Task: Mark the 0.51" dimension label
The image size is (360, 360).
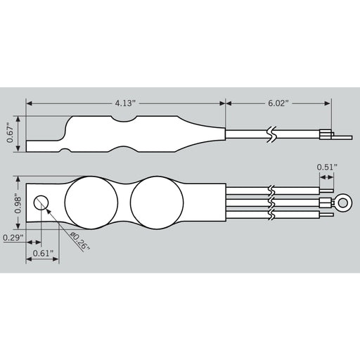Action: pyautogui.click(x=327, y=167)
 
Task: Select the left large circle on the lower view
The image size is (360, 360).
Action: pyautogui.click(x=91, y=203)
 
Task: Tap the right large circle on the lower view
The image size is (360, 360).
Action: pyautogui.click(x=156, y=203)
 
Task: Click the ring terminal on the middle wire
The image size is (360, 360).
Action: pyautogui.click(x=343, y=203)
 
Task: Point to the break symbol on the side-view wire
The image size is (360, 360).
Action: pyautogui.click(x=271, y=134)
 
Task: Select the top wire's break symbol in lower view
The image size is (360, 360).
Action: pyautogui.click(x=271, y=191)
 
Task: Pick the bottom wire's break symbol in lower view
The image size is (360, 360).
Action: pyautogui.click(x=271, y=216)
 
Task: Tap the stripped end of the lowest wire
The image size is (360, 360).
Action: pyautogui.click(x=326, y=217)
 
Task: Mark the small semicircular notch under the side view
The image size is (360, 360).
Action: pyautogui.click(x=64, y=150)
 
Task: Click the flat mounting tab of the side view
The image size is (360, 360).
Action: pyautogui.click(x=44, y=146)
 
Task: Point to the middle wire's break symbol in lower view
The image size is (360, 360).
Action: pyautogui.click(x=271, y=203)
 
